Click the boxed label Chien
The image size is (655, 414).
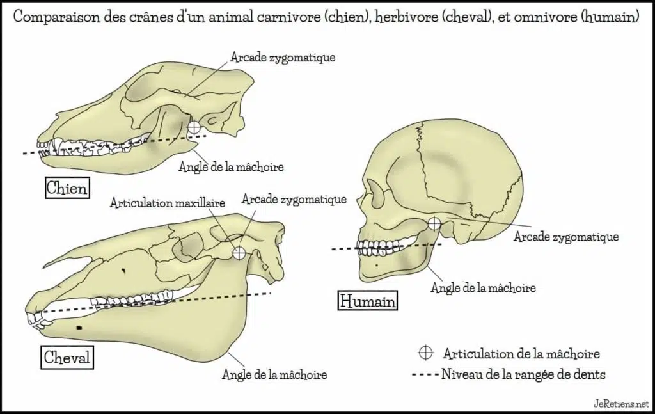[67, 187]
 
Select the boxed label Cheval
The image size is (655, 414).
[67, 357]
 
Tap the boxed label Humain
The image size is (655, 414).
[368, 301]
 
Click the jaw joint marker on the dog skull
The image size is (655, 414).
[194, 127]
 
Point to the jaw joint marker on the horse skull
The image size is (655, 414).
[239, 253]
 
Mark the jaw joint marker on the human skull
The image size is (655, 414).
[434, 223]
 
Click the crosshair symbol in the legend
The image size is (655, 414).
[425, 353]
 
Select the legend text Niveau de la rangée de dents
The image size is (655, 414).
[523, 374]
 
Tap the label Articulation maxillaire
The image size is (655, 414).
[168, 203]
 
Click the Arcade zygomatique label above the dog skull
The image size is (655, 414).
[283, 57]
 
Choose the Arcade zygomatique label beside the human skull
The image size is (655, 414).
[566, 237]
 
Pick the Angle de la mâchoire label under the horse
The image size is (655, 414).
[274, 374]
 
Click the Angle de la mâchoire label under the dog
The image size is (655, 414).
[231, 166]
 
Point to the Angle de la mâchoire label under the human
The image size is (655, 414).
[484, 287]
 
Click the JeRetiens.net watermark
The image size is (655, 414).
[622, 404]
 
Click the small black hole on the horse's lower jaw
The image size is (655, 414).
[79, 328]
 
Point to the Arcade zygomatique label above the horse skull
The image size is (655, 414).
[294, 199]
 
